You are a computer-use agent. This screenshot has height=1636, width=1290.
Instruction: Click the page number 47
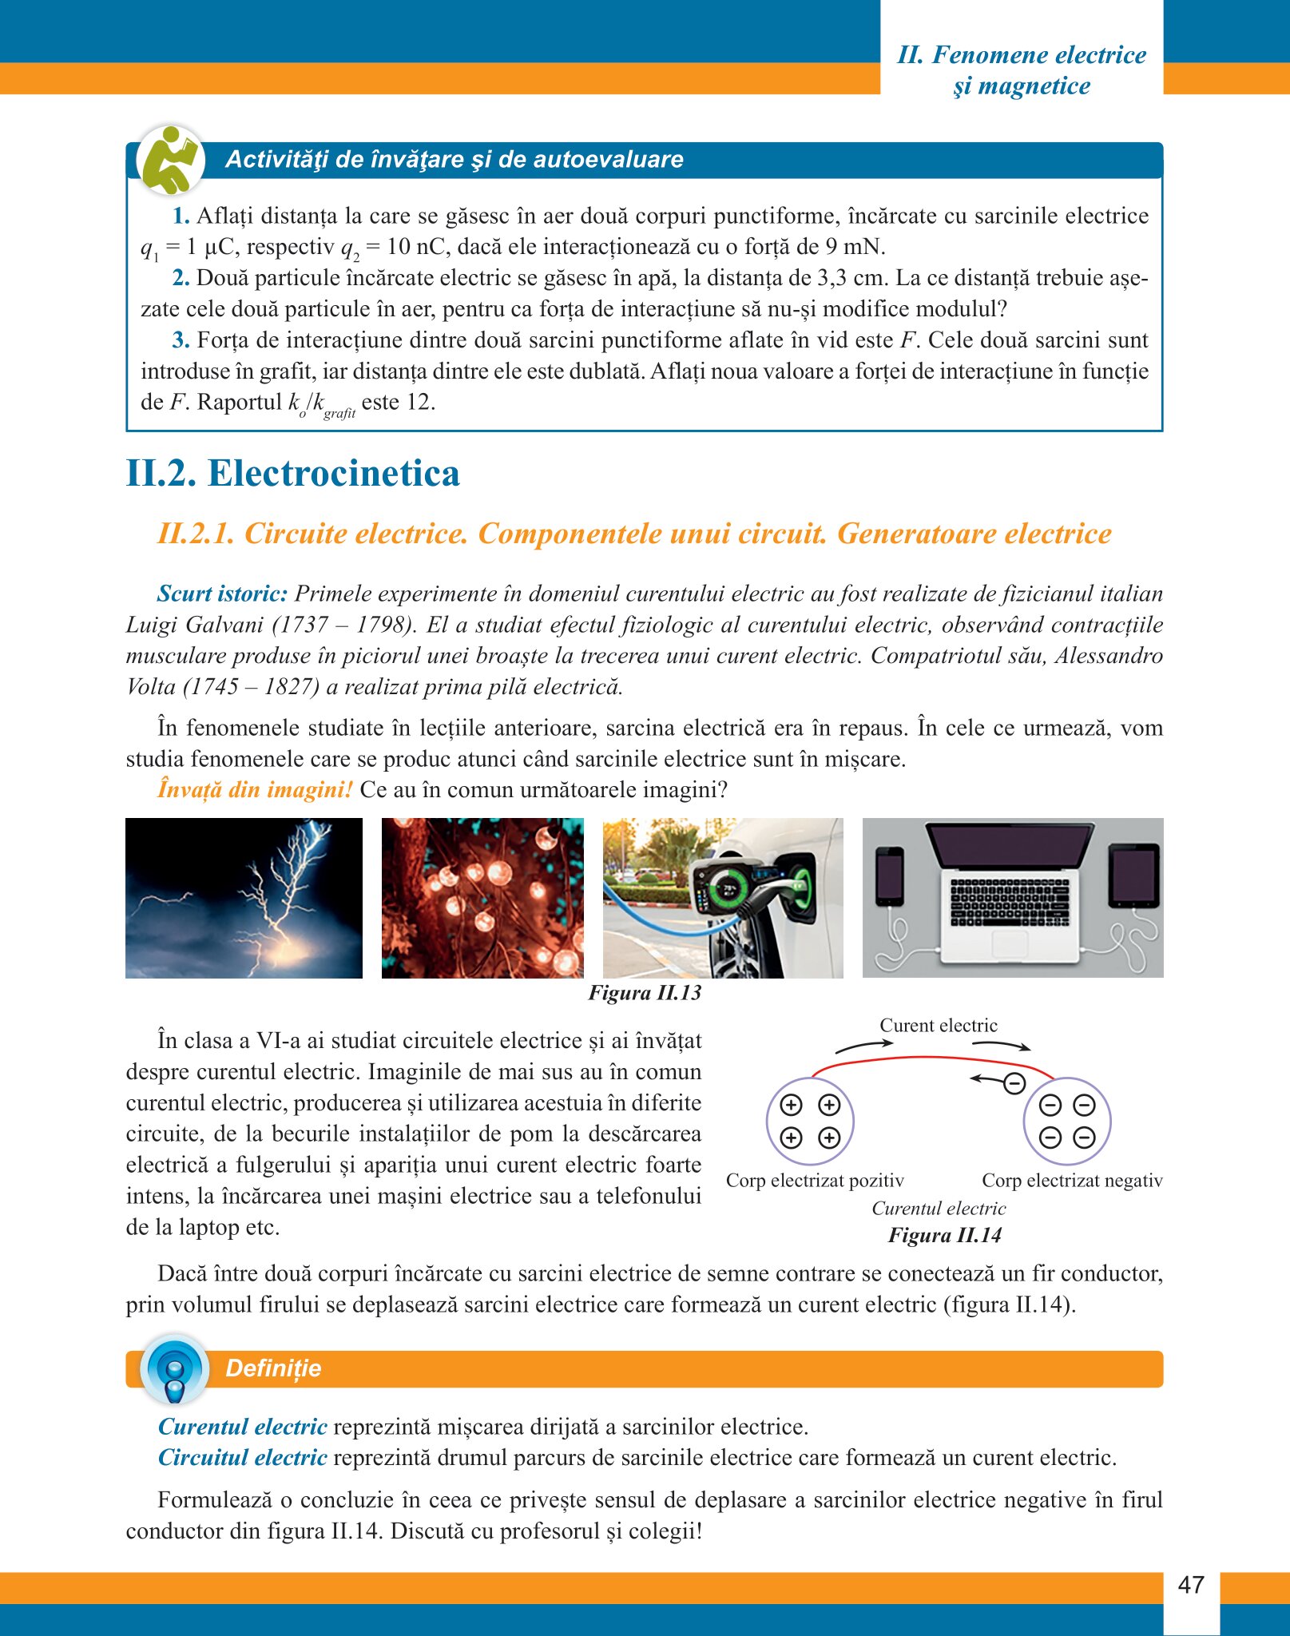(x=1190, y=1585)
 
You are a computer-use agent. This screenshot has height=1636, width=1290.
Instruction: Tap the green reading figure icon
(x=170, y=160)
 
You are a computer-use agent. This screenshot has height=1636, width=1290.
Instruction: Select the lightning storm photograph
(x=244, y=898)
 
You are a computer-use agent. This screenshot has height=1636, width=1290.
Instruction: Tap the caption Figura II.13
(x=645, y=993)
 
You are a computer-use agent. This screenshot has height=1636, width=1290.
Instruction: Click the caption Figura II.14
(x=944, y=1235)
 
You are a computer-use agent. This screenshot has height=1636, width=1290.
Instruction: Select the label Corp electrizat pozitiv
(x=815, y=1180)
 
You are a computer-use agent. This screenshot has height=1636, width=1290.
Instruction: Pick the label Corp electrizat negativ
(x=1072, y=1180)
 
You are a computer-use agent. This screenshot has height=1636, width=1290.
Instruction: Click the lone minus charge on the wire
(x=1014, y=1083)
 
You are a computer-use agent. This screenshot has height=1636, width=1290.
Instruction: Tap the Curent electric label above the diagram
(x=939, y=1025)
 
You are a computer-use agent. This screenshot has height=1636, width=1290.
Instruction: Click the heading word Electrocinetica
(x=333, y=473)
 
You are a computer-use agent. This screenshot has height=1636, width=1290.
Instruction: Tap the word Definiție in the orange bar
(x=273, y=1368)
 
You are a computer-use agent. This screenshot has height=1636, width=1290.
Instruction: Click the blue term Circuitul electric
(x=243, y=1457)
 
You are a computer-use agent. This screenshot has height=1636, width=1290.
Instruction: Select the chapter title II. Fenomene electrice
(x=1022, y=55)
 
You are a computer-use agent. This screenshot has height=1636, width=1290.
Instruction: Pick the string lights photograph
(x=482, y=898)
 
